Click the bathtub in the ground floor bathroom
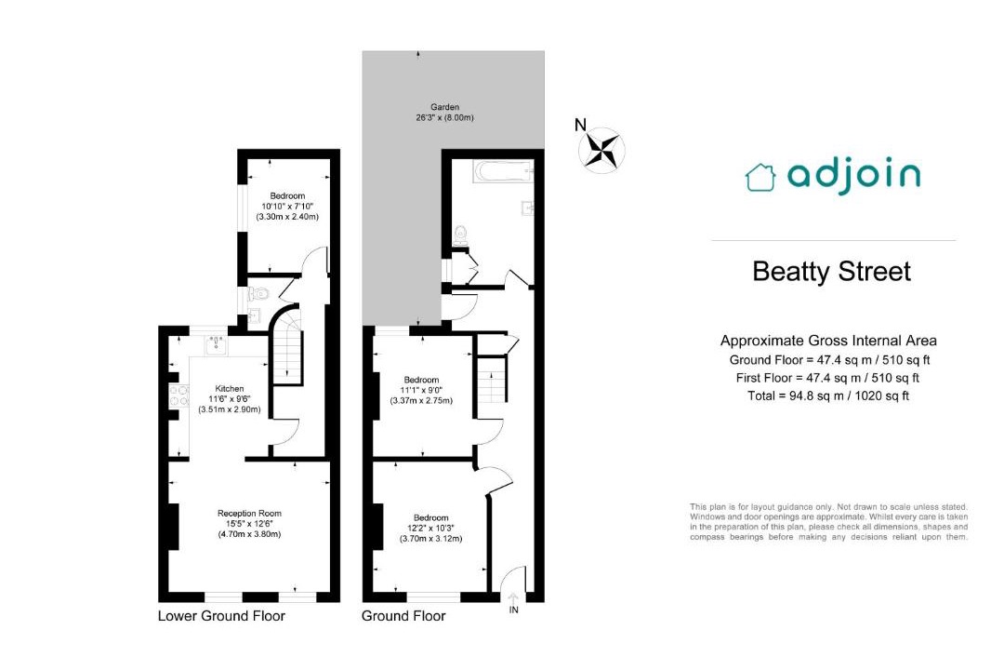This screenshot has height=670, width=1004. tap(503, 171)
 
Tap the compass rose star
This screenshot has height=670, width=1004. tap(601, 150)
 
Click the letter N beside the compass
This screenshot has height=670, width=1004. tap(580, 125)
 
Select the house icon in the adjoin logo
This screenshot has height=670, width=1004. tap(760, 178)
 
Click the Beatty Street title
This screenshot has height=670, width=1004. tap(831, 271)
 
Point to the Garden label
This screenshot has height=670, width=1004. tap(445, 107)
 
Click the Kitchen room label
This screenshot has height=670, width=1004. tap(230, 389)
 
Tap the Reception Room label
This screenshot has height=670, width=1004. tap(250, 513)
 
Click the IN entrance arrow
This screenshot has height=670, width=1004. tap(513, 598)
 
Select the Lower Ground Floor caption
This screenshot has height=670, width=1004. tap(221, 616)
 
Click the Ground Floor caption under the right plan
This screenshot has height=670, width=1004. tap(403, 616)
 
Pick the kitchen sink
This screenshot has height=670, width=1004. tap(216, 344)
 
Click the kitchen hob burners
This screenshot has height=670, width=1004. tap(178, 395)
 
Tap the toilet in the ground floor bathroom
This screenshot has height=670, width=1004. tap(460, 235)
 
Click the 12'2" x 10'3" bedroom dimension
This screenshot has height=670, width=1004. tap(431, 529)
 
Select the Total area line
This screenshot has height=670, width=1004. tap(828, 396)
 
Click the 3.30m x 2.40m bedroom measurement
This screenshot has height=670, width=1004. tap(287, 217)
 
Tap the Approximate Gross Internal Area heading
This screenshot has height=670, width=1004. tap(828, 342)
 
